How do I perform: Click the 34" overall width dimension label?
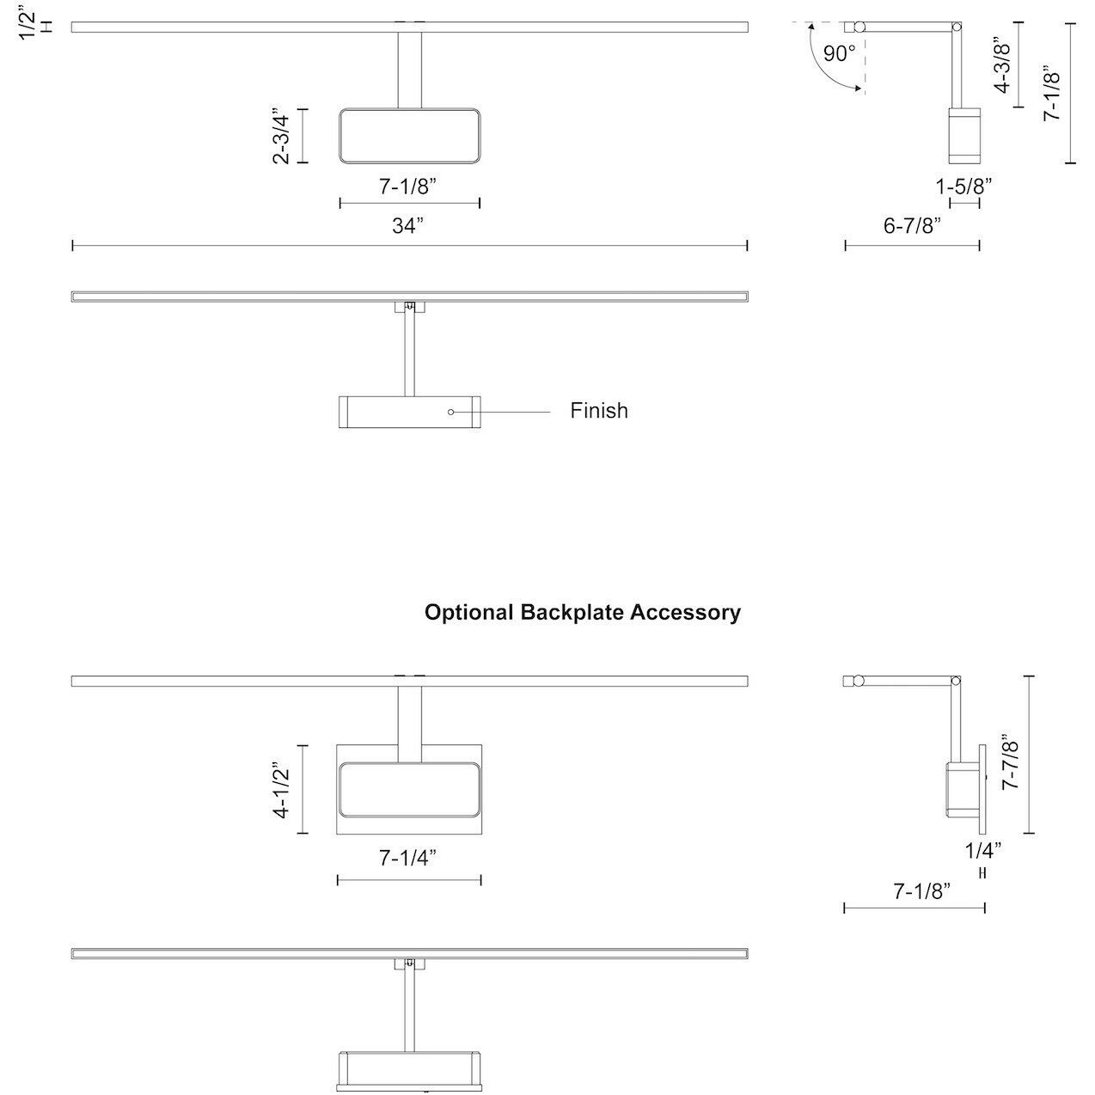[x=409, y=226]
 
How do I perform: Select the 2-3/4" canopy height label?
[x=280, y=136]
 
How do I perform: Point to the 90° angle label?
[x=839, y=54]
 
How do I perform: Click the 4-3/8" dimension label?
[x=1002, y=64]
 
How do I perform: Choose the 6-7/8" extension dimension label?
[x=912, y=226]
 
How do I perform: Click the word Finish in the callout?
[x=599, y=411]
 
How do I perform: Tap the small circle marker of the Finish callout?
[x=450, y=413]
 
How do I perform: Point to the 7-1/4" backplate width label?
[x=408, y=858]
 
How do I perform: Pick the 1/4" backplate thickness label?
[x=983, y=851]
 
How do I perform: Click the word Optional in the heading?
[x=469, y=613]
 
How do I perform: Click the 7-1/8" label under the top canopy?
[x=408, y=186]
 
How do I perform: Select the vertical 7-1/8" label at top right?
[x=1052, y=94]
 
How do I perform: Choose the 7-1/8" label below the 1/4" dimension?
[x=921, y=891]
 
